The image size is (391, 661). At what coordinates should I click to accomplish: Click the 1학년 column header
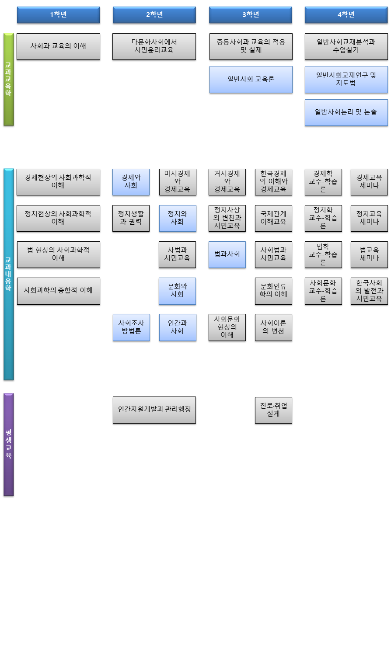click(58, 15)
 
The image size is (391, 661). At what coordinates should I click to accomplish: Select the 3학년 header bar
click(250, 15)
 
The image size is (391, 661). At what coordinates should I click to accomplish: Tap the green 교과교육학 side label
click(9, 79)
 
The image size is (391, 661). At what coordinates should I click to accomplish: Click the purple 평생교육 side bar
click(9, 444)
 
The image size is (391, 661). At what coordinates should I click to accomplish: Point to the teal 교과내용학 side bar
click(9, 274)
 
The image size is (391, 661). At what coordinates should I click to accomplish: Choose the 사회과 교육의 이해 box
click(58, 46)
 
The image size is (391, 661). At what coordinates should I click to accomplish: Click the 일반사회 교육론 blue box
click(251, 80)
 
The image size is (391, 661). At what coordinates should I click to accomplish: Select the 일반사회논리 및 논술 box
click(346, 112)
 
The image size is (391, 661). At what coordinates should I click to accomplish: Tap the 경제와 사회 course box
click(131, 182)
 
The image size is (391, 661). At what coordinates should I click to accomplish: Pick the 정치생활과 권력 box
click(131, 218)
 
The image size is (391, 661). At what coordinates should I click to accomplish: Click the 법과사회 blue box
click(227, 254)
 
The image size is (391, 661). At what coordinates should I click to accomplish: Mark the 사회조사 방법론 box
click(131, 327)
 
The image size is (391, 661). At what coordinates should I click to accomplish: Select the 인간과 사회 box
click(177, 327)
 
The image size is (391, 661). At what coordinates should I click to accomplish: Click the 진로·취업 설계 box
click(273, 410)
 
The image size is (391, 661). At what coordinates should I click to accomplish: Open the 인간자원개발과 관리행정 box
click(154, 410)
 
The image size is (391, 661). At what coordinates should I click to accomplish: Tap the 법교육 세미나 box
click(369, 254)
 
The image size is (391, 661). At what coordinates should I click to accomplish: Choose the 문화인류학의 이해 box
click(273, 291)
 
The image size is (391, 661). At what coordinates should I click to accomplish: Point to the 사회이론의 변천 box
click(273, 327)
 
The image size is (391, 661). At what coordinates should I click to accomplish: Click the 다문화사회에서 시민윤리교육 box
click(154, 46)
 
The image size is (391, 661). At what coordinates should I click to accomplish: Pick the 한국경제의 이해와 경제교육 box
click(273, 182)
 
